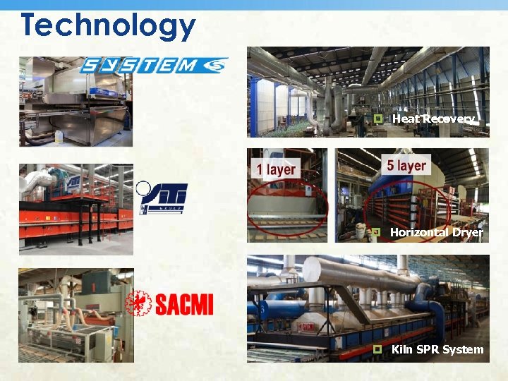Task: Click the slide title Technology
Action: point(108,25)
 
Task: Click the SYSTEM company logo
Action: point(154,65)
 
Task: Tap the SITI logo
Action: point(164,198)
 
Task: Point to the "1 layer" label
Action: point(277,169)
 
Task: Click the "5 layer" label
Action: point(406,166)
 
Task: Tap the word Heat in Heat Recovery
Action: point(405,119)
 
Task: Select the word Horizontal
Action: point(419,232)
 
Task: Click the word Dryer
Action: point(468,232)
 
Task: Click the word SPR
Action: point(426,349)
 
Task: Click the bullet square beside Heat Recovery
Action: point(378,119)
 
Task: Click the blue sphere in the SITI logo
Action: point(145,188)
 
